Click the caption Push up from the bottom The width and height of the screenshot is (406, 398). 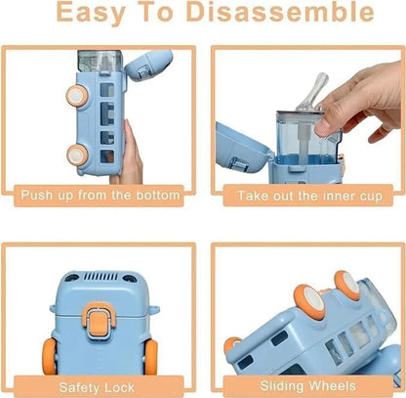coord(101,196)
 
